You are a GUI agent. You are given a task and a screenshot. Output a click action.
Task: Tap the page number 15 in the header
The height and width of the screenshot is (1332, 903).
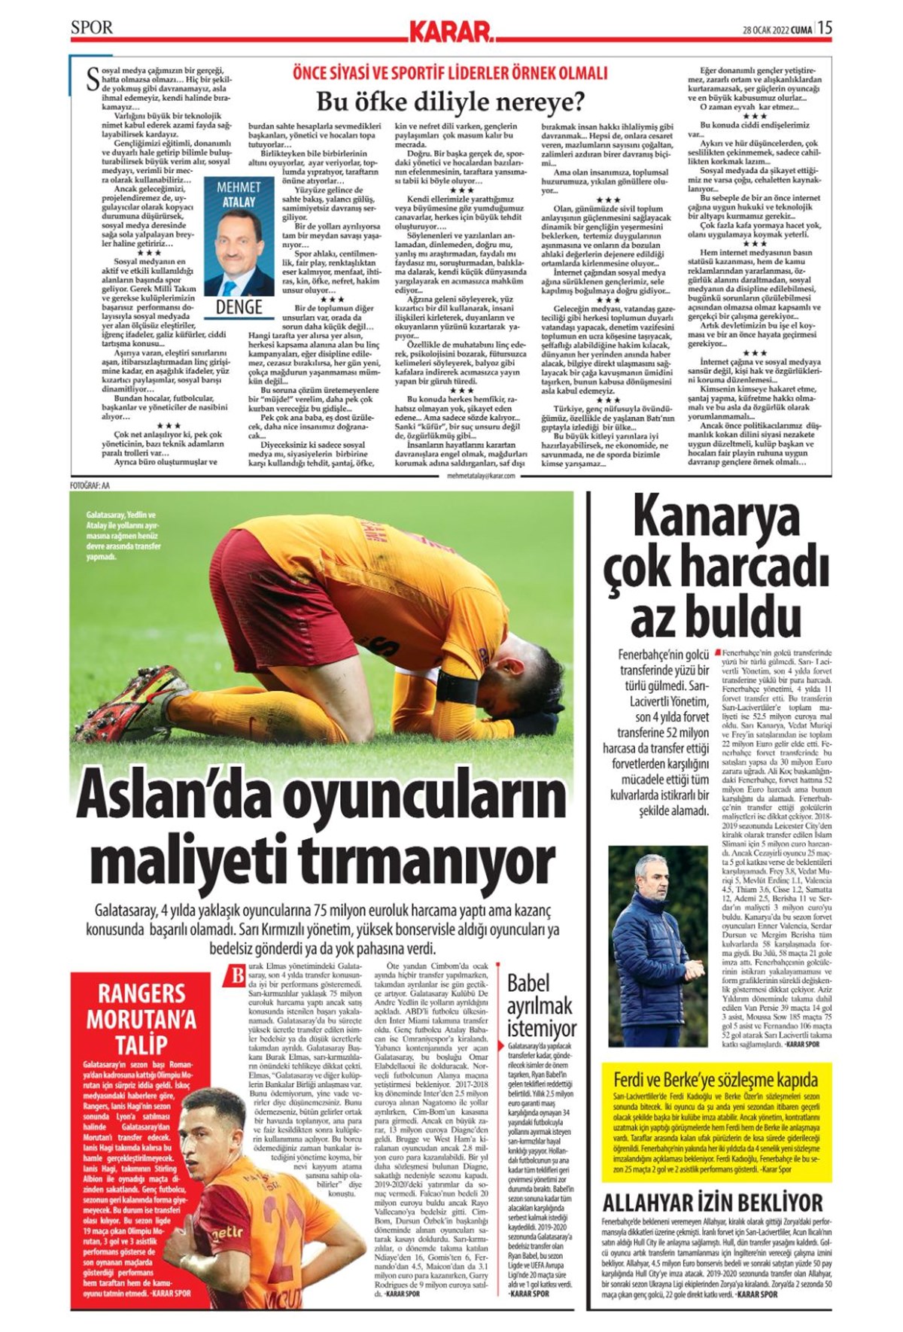(825, 28)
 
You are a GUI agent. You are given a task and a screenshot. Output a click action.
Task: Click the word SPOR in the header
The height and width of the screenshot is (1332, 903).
(92, 28)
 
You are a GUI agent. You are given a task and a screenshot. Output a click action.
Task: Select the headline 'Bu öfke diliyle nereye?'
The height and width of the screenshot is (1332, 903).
(450, 100)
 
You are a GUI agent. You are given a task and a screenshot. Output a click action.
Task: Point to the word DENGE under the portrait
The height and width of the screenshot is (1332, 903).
(239, 307)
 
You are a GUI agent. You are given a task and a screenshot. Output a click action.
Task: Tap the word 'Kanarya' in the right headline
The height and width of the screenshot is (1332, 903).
(716, 517)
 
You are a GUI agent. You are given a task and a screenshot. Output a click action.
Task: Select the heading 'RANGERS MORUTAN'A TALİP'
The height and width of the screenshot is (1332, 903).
(141, 1019)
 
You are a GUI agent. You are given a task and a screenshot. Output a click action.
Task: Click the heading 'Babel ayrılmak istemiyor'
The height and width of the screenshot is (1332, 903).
(541, 1005)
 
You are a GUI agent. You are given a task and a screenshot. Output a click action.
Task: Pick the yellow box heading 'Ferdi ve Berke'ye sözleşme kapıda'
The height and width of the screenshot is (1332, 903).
(716, 1079)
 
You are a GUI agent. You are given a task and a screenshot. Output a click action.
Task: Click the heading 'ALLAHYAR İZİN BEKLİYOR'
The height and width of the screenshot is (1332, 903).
(713, 1202)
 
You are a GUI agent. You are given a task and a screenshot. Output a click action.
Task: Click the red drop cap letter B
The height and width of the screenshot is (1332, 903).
(237, 976)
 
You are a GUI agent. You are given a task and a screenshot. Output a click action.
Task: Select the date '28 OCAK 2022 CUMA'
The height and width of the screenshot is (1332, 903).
(777, 29)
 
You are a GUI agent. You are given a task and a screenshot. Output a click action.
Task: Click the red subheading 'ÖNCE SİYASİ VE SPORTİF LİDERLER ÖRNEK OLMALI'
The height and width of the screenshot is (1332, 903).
(450, 73)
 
